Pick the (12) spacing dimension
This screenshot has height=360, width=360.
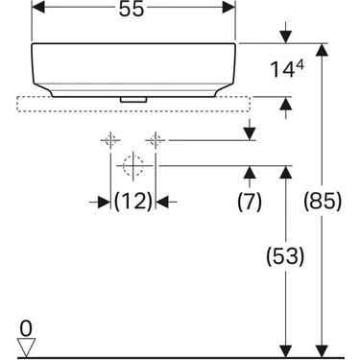pos(133,202)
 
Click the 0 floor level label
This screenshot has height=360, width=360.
pos(26,326)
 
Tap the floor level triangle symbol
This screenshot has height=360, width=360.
pos(26,343)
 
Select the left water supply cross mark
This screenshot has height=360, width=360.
pos(110,142)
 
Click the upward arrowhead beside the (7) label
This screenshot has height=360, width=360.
pos(249,172)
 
